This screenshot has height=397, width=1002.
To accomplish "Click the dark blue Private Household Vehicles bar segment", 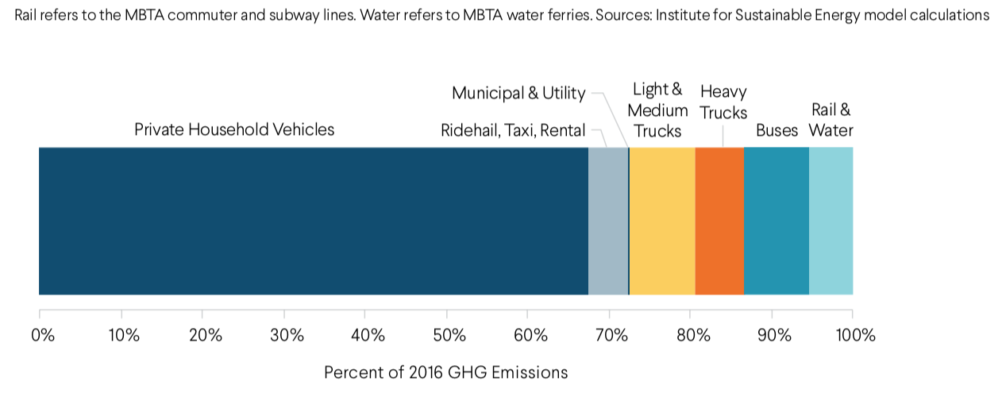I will click(x=314, y=221).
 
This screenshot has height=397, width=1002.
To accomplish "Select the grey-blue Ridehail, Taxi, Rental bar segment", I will click(x=607, y=221).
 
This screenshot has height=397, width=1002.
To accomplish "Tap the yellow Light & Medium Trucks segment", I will click(x=662, y=221).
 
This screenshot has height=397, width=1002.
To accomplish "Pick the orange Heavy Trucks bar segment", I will click(x=719, y=221).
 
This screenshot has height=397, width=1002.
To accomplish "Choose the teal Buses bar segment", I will click(x=777, y=221).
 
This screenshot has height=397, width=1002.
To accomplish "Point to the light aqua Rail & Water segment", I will click(x=831, y=221).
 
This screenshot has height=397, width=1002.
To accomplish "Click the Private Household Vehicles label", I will click(x=234, y=129).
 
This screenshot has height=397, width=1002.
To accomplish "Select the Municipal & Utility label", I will click(x=518, y=93).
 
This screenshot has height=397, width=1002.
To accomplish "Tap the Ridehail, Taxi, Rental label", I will click(x=513, y=130).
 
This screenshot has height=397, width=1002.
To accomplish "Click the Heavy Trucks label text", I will click(x=723, y=102).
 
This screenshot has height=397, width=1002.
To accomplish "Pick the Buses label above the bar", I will click(x=777, y=130).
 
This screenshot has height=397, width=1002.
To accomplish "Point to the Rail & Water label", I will click(x=831, y=120).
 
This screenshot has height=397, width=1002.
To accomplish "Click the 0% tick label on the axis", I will click(x=43, y=334).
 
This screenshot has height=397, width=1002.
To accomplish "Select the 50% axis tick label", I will click(x=449, y=334).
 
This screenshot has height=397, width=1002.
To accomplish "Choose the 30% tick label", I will click(x=287, y=334).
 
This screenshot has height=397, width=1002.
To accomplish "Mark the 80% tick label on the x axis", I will click(x=693, y=334).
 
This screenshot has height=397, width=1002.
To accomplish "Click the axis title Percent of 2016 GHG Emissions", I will click(x=445, y=372).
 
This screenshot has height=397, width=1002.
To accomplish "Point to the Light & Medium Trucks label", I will click(x=657, y=110).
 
